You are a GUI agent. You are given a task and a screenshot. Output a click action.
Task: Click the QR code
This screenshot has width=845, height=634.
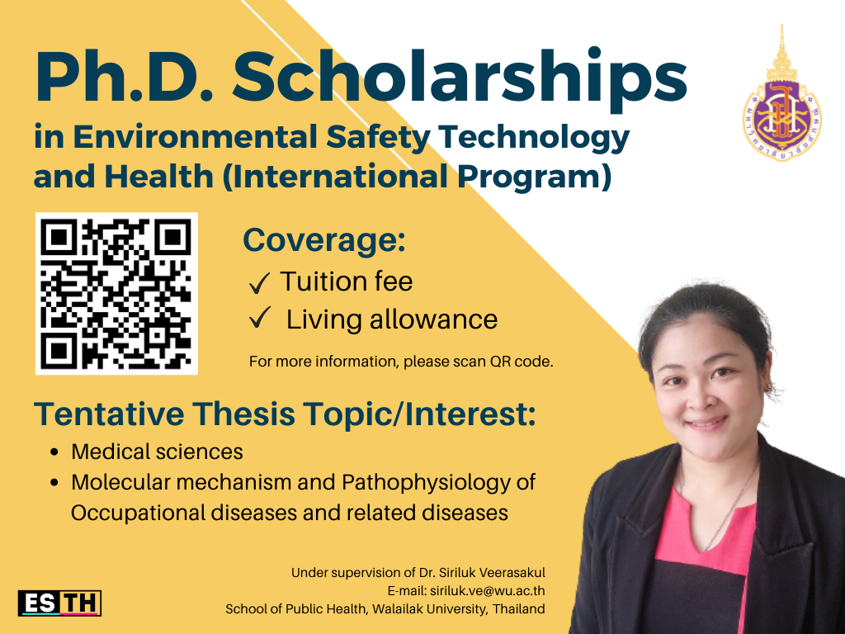click(116, 293)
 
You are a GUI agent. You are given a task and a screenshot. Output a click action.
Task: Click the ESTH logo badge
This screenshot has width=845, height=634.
click(59, 603)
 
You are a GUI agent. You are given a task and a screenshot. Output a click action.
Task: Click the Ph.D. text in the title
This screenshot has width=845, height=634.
click(125, 77)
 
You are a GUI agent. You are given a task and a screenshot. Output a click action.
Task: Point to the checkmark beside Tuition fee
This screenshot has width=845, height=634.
click(259, 283)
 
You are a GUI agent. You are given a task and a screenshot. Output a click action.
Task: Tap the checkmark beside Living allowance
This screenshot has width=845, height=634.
click(259, 318)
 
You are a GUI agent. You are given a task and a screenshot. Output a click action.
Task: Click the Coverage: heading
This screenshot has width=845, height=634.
click(323, 239)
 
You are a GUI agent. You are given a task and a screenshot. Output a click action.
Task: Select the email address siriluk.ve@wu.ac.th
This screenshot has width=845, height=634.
click(487, 590)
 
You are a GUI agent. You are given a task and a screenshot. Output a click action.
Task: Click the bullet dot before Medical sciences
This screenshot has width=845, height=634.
click(54, 452)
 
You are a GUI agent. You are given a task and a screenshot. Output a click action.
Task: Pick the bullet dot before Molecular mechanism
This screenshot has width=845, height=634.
click(54, 482)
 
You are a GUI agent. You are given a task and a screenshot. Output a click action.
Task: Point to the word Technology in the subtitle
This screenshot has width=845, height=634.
click(534, 138)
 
